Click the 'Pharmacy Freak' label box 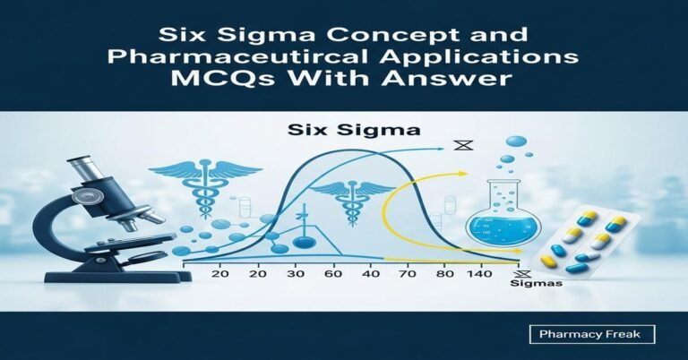coord(590,335)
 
